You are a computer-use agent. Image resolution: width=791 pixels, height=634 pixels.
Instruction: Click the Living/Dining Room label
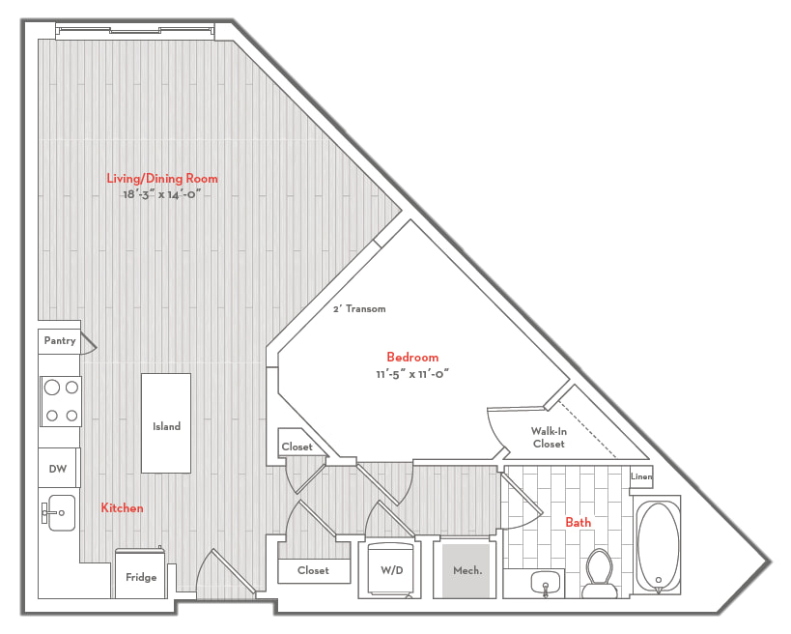(162, 178)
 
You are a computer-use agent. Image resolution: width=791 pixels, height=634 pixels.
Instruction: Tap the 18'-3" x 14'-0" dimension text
(162, 194)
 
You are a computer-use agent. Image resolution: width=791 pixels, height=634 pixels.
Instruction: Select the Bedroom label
(412, 357)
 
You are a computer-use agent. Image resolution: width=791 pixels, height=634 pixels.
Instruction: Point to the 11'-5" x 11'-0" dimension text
(412, 374)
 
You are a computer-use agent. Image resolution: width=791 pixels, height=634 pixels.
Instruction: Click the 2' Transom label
(359, 309)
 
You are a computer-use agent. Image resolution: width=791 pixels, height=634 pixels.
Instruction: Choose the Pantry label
(60, 341)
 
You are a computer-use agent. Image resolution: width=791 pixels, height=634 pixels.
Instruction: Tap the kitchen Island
(166, 423)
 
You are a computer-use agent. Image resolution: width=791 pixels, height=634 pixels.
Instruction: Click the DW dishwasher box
(58, 468)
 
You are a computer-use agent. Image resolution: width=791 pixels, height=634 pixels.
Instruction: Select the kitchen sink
(59, 513)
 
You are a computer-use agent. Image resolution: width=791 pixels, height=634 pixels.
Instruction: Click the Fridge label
(141, 577)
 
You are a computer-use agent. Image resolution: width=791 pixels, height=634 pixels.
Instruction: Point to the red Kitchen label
(122, 507)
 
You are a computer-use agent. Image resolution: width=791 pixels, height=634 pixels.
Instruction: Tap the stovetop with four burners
(61, 401)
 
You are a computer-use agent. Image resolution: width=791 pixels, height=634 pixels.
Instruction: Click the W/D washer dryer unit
(391, 570)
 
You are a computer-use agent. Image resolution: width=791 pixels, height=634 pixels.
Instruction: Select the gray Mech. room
(466, 571)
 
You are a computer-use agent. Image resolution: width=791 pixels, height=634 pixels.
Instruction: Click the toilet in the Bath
(600, 573)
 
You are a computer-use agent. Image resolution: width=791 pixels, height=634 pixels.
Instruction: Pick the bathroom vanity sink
(546, 583)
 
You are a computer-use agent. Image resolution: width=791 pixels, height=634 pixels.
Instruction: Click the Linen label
(641, 476)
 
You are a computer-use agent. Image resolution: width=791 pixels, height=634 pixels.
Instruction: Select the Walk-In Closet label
(549, 438)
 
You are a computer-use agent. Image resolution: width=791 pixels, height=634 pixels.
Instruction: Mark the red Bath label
(579, 523)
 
